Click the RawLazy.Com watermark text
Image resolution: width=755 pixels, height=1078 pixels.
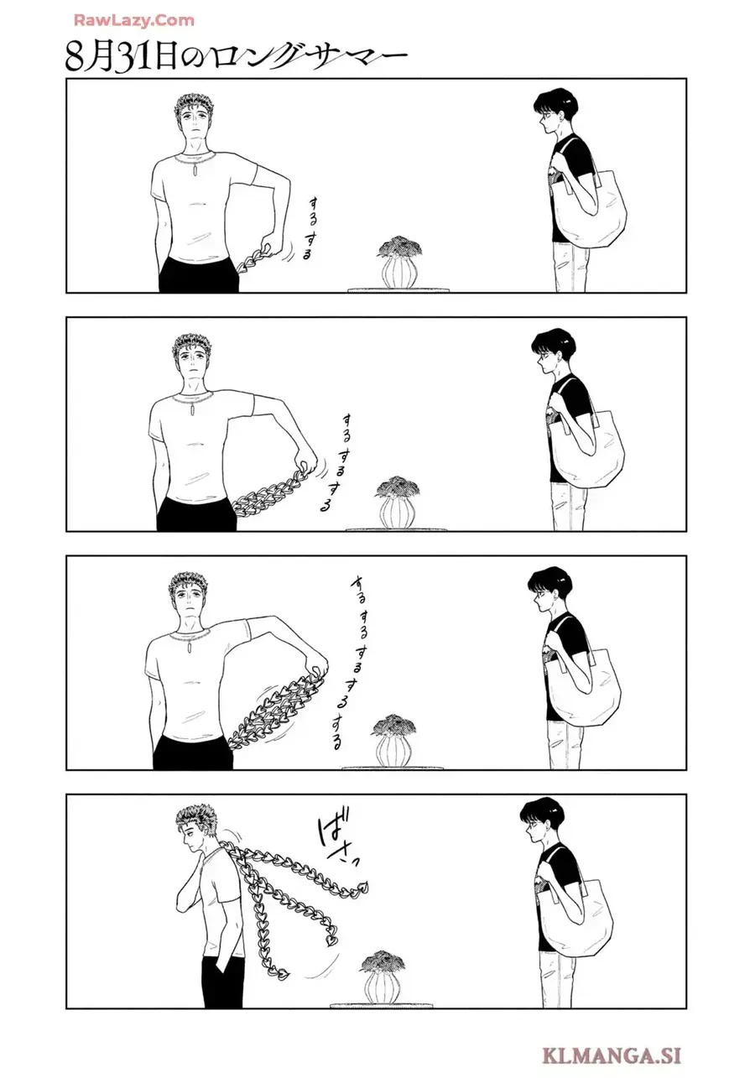(133, 20)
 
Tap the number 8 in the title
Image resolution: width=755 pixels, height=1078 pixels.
(76, 57)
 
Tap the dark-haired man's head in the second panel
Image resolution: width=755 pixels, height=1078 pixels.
(550, 355)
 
